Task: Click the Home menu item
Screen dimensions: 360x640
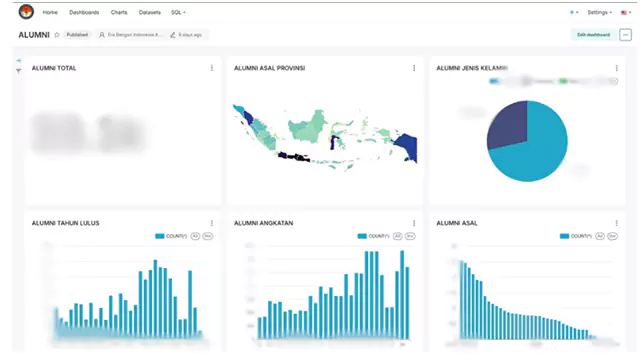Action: tap(50, 12)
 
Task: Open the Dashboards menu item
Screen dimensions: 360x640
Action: tap(84, 12)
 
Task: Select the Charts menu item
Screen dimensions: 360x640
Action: tap(119, 12)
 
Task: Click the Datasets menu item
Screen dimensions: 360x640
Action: tap(149, 12)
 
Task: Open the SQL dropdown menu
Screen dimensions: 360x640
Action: tap(178, 12)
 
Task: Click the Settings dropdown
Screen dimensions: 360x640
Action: tap(600, 12)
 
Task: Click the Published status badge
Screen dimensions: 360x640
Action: tap(78, 35)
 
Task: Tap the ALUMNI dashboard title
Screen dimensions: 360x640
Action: tap(34, 35)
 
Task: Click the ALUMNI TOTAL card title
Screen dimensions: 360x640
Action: tap(54, 68)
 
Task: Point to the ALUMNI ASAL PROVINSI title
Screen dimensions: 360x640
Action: tap(269, 68)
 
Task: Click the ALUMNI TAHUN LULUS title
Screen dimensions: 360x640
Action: tap(65, 223)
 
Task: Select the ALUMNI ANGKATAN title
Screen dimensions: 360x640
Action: tap(263, 223)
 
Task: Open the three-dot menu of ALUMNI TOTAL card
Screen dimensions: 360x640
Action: tap(212, 68)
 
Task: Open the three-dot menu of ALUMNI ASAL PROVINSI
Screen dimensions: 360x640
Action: tap(414, 68)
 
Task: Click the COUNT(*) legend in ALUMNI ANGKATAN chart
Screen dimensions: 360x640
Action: tap(374, 236)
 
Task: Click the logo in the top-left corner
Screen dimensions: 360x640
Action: tap(25, 12)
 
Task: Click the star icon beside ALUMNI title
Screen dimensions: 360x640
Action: tap(57, 35)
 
